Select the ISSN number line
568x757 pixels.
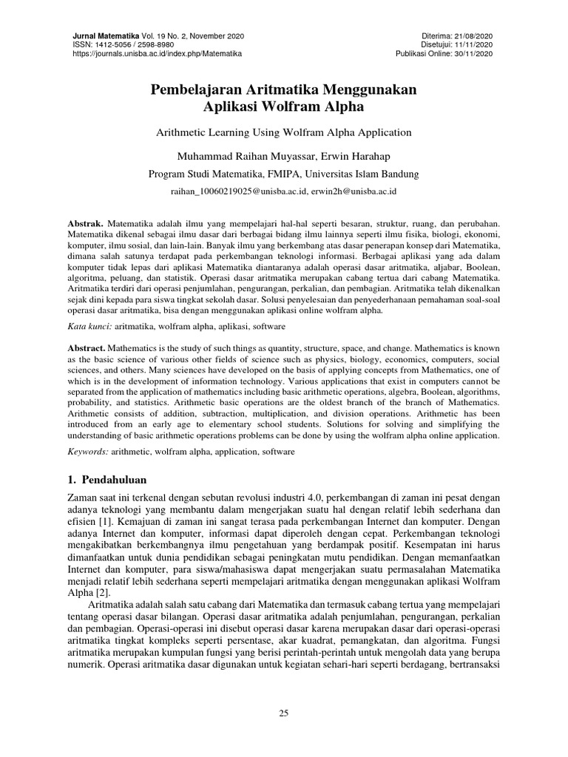[x=122, y=45]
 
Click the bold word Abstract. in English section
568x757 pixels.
[x=87, y=347]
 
